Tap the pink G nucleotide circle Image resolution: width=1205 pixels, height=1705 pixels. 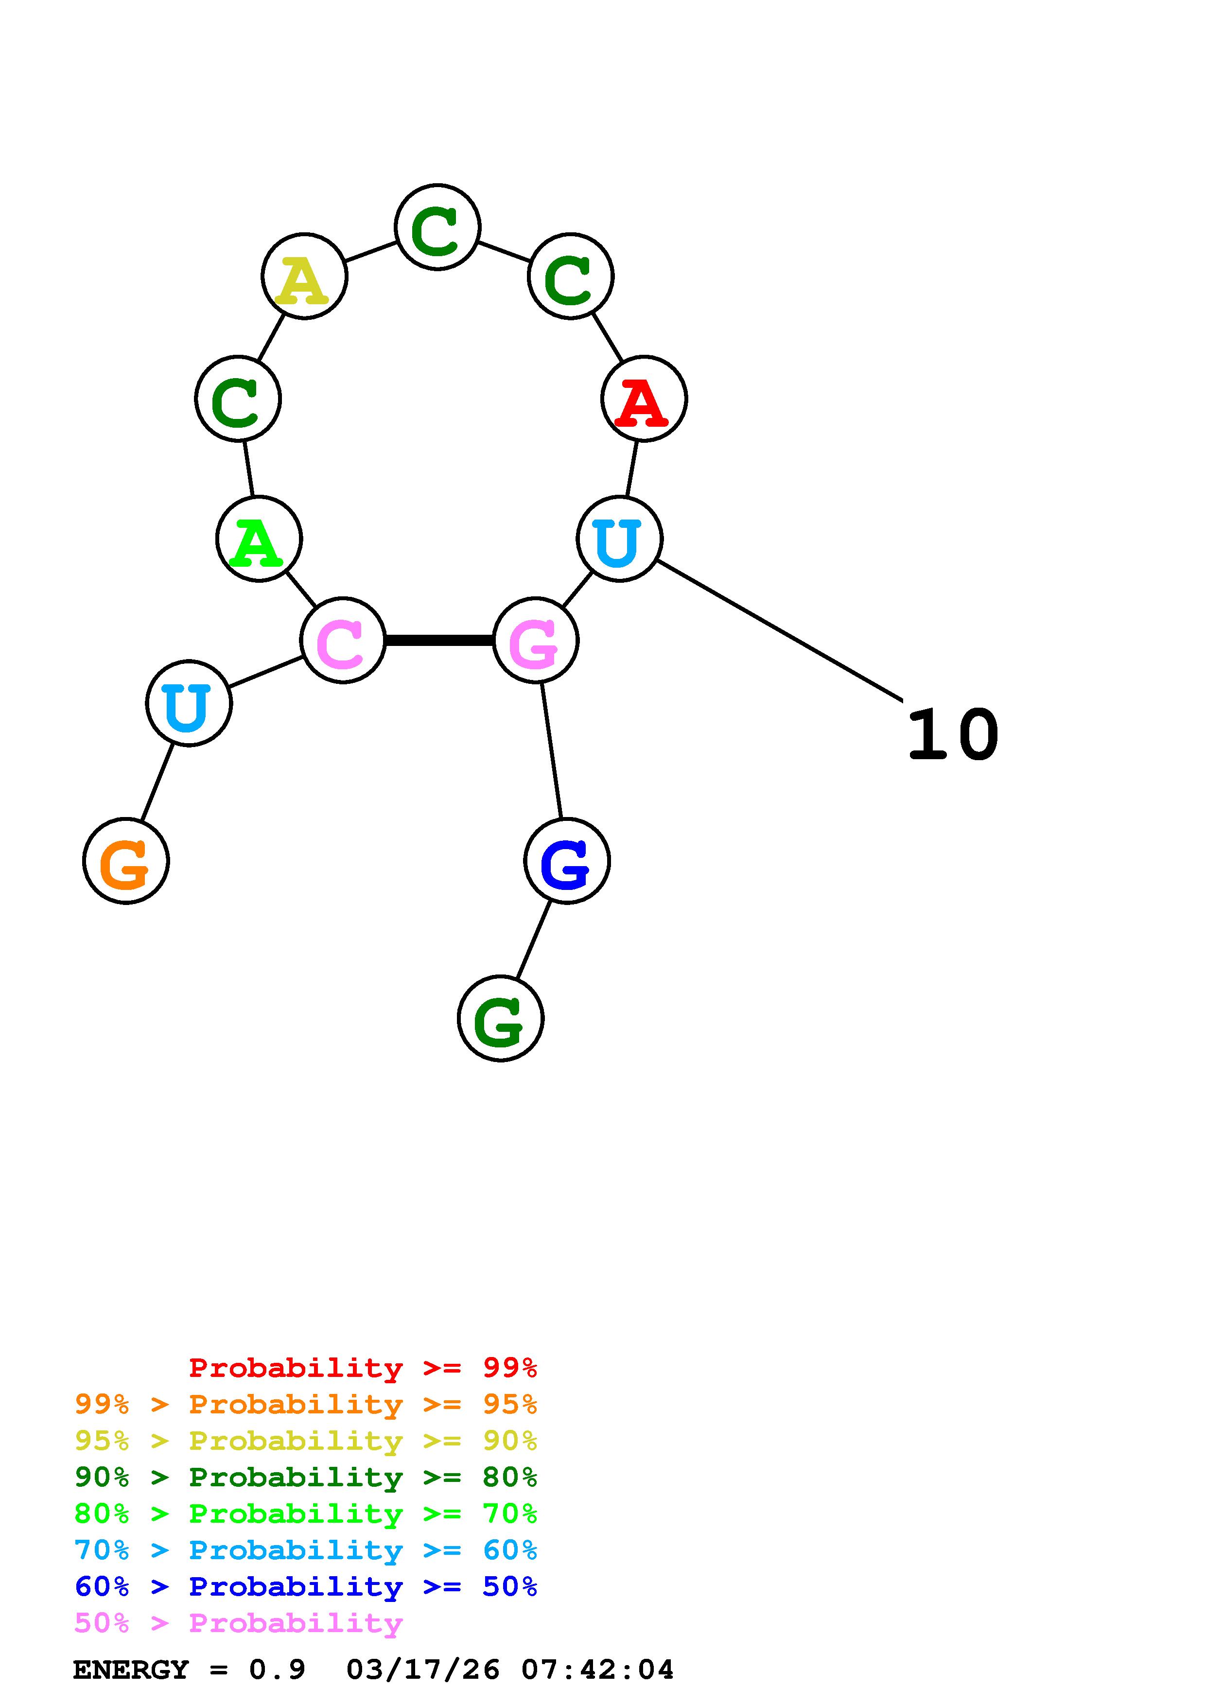pyautogui.click(x=535, y=640)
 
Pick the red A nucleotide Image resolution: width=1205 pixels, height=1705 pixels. pyautogui.click(x=644, y=399)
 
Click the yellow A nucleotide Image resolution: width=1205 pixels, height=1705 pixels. pyautogui.click(x=304, y=276)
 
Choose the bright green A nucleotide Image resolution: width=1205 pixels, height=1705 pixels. pyautogui.click(x=259, y=539)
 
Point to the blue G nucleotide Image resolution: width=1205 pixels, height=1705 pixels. pyautogui.click(x=566, y=861)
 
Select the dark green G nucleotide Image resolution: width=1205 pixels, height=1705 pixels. pyautogui.click(x=500, y=1018)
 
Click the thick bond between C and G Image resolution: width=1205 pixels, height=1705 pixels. pyautogui.click(x=439, y=640)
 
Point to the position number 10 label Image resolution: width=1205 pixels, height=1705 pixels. pyautogui.click(x=953, y=735)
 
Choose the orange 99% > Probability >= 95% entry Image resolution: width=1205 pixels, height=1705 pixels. pyautogui.click(x=305, y=1404)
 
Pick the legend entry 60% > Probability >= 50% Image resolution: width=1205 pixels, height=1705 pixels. pyautogui.click(x=305, y=1586)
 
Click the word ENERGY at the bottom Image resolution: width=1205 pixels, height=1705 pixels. pyautogui.click(x=131, y=1670)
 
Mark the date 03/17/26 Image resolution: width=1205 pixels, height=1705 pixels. pyautogui.click(x=422, y=1670)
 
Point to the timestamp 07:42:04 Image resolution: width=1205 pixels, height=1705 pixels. pyautogui.click(x=597, y=1670)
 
